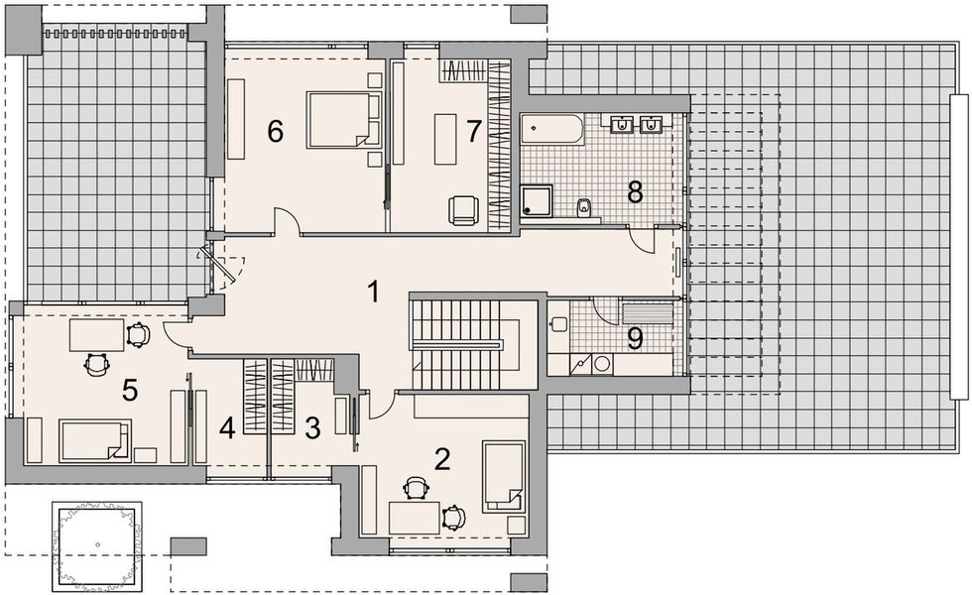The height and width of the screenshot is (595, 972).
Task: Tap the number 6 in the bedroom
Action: tap(276, 131)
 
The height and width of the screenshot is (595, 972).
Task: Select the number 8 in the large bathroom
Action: tap(635, 191)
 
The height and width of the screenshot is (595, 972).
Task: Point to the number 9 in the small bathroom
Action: tap(636, 339)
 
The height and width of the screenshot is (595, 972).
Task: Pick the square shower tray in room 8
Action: tap(538, 202)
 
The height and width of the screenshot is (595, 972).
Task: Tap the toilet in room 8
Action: tap(585, 207)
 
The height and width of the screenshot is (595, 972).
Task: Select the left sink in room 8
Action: tap(622, 124)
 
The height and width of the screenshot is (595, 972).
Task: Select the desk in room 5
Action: tap(96, 335)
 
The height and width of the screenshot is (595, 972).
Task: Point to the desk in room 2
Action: tap(415, 517)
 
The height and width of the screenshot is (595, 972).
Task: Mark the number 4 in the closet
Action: tap(227, 428)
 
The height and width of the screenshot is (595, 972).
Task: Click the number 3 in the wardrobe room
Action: tap(311, 428)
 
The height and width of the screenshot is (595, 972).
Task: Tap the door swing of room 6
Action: tap(286, 221)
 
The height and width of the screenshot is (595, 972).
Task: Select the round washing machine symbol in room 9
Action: tap(600, 364)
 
